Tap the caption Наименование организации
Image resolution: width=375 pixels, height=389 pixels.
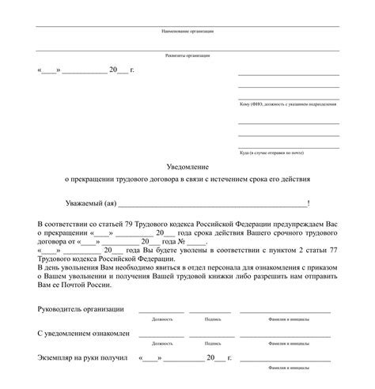click(187, 31)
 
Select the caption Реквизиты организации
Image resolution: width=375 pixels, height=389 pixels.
click(187, 56)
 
